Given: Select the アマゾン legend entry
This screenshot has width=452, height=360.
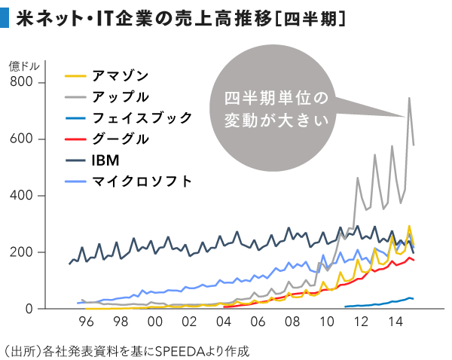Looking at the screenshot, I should pyautogui.click(x=120, y=75).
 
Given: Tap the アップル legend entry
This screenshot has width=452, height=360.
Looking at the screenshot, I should pyautogui.click(x=120, y=96).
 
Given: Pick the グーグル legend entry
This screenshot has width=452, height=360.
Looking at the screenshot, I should pyautogui.click(x=120, y=139).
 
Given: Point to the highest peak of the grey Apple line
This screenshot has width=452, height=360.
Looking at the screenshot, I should pyautogui.click(x=409, y=98).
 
